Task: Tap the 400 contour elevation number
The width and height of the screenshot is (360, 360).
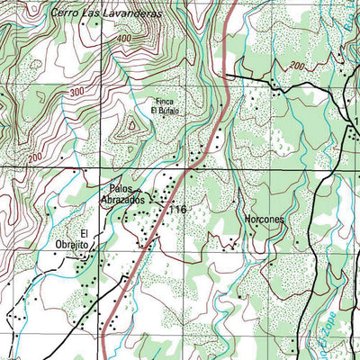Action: [x=123, y=40]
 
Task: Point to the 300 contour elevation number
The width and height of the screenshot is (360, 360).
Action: [x=76, y=92]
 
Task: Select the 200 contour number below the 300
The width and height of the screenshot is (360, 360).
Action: [x=34, y=158]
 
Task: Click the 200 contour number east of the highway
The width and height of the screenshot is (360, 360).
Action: [x=296, y=66]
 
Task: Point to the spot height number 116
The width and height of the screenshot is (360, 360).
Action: [x=175, y=210]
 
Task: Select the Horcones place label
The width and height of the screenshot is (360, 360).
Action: [x=265, y=219]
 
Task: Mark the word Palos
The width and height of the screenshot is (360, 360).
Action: [x=121, y=189]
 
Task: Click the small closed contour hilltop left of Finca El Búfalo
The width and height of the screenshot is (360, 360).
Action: [x=133, y=126]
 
